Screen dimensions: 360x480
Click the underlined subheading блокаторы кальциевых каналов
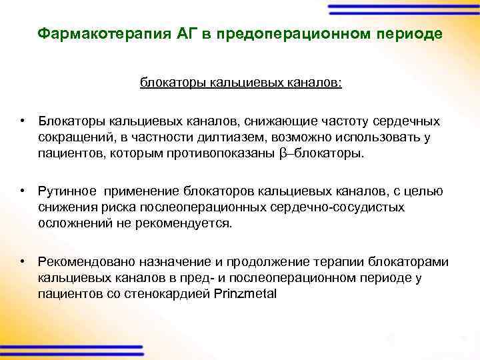point(241,83)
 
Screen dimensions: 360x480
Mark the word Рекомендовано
point(85,261)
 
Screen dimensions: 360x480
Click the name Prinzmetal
point(245,293)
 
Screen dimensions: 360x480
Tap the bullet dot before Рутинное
point(23,191)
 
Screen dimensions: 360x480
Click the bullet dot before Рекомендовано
point(23,261)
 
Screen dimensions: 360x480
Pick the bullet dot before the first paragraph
point(23,122)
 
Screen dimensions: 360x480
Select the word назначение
point(169,261)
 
